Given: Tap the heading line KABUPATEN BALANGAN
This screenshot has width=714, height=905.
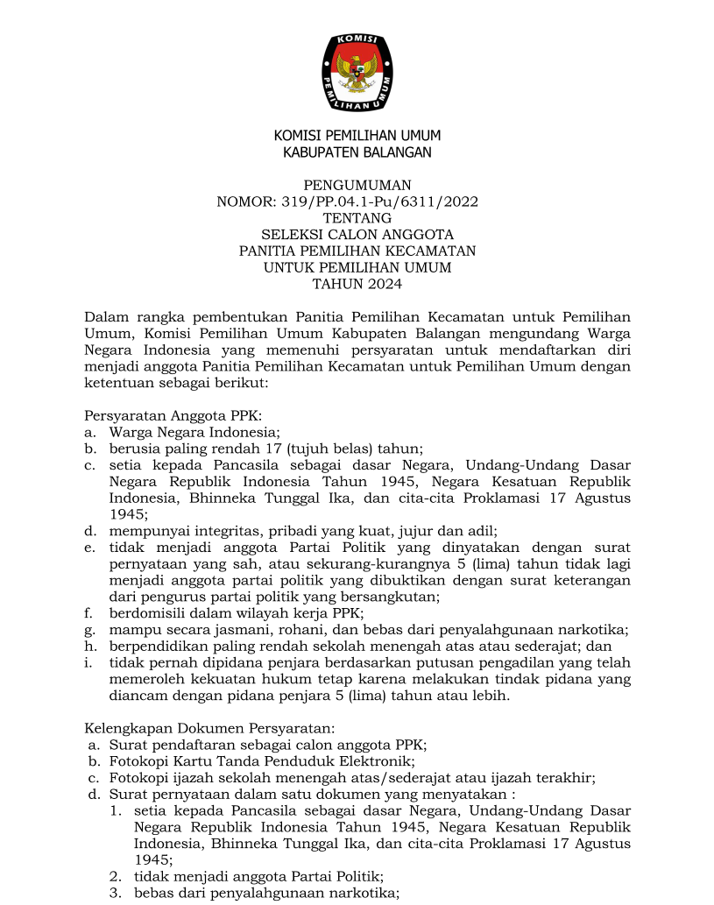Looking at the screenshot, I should click(357, 152).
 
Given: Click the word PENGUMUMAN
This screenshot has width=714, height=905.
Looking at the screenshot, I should click(357, 186).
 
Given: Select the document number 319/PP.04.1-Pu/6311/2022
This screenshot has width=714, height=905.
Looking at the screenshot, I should click(379, 202).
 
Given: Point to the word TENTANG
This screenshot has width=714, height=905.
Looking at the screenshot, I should click(357, 218).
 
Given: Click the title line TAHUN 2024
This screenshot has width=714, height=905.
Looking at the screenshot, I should click(357, 283).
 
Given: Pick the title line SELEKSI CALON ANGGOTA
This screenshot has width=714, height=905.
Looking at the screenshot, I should click(357, 235).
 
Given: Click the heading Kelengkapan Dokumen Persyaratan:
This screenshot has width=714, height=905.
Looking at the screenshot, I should click(209, 728).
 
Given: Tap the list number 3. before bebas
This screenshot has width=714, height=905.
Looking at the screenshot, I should click(115, 893).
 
